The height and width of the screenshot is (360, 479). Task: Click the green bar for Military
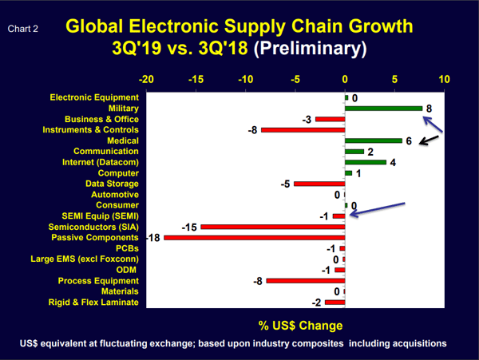pyautogui.click(x=383, y=109)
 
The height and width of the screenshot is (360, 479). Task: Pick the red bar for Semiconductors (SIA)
pyautogui.click(x=272, y=227)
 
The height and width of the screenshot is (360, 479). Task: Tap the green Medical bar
pyautogui.click(x=374, y=140)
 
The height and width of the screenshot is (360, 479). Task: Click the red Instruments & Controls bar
pyautogui.click(x=303, y=130)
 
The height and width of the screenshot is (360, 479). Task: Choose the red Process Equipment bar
pyautogui.click(x=306, y=281)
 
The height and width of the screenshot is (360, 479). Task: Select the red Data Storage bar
pyautogui.click(x=319, y=184)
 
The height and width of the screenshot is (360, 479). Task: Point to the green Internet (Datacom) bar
pyautogui.click(x=366, y=162)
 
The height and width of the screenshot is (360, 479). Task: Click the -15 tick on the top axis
pyautogui.click(x=196, y=80)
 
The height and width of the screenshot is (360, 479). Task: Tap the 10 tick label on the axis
pyautogui.click(x=444, y=80)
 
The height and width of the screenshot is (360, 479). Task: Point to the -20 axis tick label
pyautogui.click(x=147, y=80)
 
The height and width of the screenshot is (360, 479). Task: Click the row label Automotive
pyautogui.click(x=115, y=194)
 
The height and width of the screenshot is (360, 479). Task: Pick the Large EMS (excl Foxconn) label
pyautogui.click(x=85, y=259)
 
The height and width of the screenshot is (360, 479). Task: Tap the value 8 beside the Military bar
pyautogui.click(x=429, y=109)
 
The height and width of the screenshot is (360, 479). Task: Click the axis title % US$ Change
pyautogui.click(x=300, y=326)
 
